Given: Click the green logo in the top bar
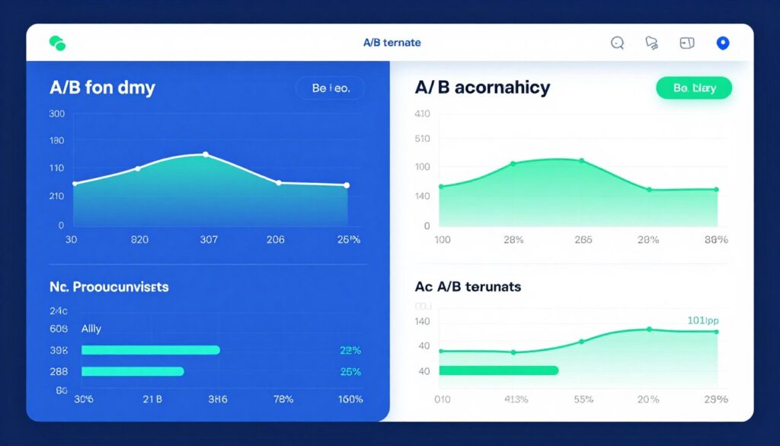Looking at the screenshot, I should coord(57,43).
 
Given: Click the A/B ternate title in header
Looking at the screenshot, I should coord(392,43).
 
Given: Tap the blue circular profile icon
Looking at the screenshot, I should coord(723,43).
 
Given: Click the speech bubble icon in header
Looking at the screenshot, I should coord(618,43).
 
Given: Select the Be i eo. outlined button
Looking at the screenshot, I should coord(330,88).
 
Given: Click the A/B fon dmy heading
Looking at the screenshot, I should coord(102,88).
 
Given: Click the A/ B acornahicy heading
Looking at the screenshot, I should coord(481,88).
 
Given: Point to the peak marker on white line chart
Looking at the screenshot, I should coord(205,154).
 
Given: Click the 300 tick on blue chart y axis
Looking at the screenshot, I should coord(57,114).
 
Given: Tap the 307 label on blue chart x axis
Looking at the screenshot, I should coord(208,239).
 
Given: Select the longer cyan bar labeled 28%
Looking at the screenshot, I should coord(150,350).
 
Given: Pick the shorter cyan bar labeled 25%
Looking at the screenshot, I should coord(133,371).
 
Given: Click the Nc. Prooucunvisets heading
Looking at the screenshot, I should coord(109,287).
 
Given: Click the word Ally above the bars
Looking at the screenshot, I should coord(91,329).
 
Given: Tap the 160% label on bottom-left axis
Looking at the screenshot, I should coord(350,399).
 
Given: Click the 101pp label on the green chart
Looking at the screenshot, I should coord(702,320).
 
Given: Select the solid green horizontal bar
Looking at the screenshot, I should coord(499,371).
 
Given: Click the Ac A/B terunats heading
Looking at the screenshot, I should coord(468,287).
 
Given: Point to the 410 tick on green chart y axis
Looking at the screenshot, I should coord(422,114).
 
